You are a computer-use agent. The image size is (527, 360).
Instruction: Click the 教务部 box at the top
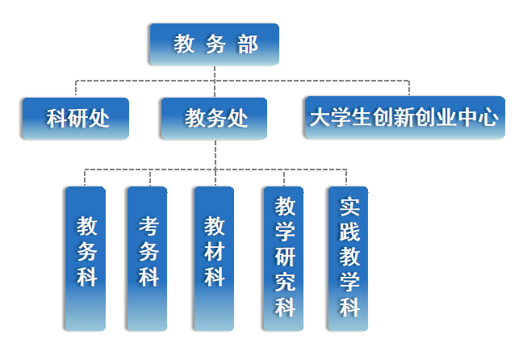click(x=215, y=44)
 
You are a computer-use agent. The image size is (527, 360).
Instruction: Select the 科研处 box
click(x=75, y=119)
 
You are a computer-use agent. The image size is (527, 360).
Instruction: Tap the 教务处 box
click(x=215, y=119)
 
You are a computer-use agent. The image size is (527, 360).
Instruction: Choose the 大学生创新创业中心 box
click(x=404, y=118)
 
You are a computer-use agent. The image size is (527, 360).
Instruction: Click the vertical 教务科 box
click(x=86, y=258)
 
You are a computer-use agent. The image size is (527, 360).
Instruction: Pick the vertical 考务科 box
click(x=147, y=258)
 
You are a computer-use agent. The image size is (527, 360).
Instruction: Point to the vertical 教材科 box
click(x=214, y=258)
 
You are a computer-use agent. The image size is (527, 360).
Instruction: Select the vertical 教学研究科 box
click(x=284, y=258)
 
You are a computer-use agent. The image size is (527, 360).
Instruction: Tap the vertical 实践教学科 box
click(x=348, y=258)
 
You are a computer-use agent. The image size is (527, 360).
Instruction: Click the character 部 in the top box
click(x=248, y=44)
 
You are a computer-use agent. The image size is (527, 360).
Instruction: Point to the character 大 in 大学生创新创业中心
click(x=318, y=118)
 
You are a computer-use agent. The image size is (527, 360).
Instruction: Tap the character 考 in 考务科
click(x=148, y=225)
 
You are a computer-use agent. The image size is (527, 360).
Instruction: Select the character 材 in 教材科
click(x=214, y=251)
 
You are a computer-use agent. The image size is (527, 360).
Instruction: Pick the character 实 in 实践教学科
click(x=349, y=207)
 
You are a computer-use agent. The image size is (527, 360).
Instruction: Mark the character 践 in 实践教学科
click(x=349, y=232)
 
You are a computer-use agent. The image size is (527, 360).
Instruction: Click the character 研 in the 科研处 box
click(x=76, y=119)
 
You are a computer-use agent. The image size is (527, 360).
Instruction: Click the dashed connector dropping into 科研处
click(x=75, y=89)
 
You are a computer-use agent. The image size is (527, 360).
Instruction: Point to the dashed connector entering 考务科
click(x=147, y=178)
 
